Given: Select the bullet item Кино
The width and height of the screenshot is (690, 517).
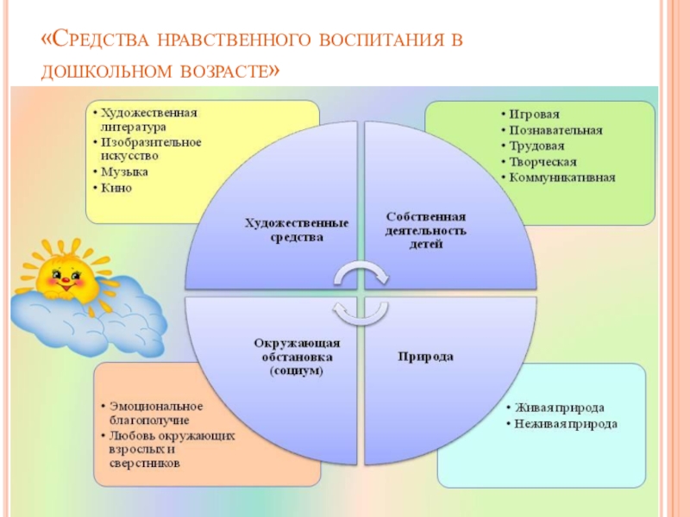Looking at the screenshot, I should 116,188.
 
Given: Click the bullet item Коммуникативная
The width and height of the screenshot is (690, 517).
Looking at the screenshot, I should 561,178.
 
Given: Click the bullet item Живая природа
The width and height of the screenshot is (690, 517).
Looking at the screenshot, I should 559,408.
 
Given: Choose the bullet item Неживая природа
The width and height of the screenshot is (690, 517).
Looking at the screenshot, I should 566,424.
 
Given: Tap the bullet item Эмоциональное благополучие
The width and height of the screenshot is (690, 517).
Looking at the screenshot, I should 152,413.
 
